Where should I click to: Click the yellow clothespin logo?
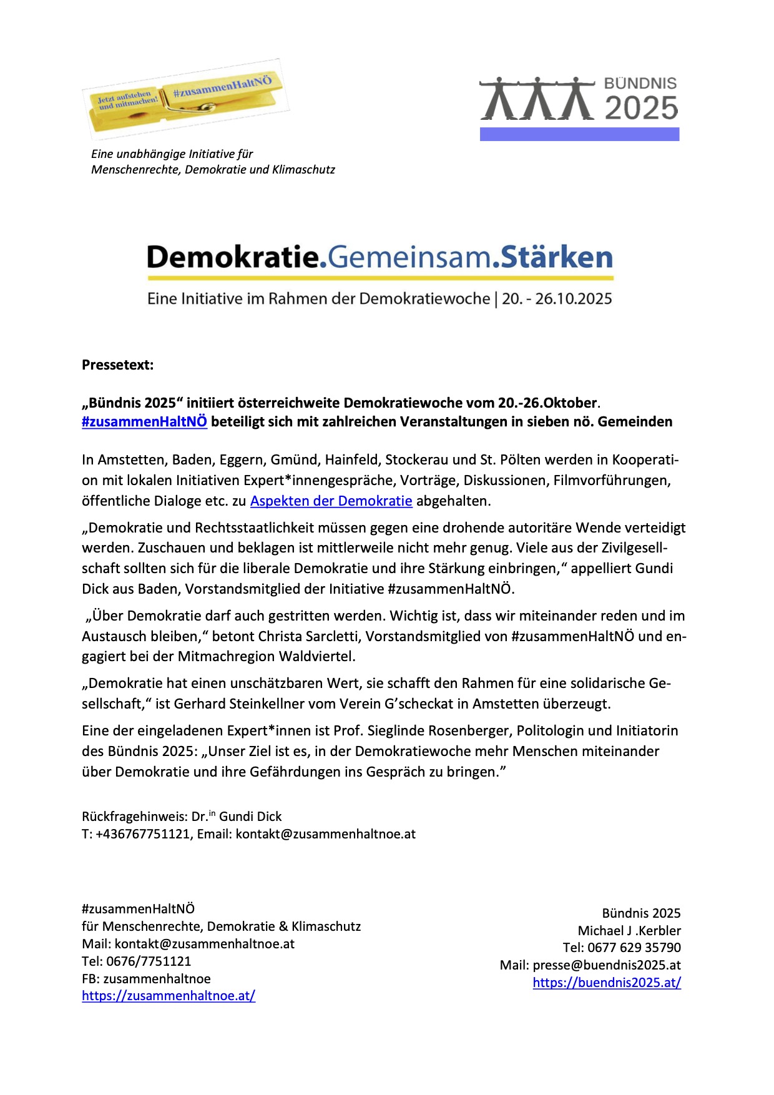pos(185,99)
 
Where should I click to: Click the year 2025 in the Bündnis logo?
pos(641,108)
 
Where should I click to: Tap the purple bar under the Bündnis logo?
pos(579,134)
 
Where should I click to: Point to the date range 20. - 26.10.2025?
pos(557,299)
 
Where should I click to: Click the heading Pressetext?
pos(117,365)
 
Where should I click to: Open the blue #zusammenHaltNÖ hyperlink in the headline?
pos(144,422)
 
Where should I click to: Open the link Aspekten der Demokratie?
pos(331,501)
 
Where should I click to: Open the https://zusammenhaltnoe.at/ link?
pos(169,996)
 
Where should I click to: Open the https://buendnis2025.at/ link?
pos(607,983)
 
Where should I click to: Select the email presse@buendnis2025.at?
pos(607,965)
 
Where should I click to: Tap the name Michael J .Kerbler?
pos(629,931)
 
